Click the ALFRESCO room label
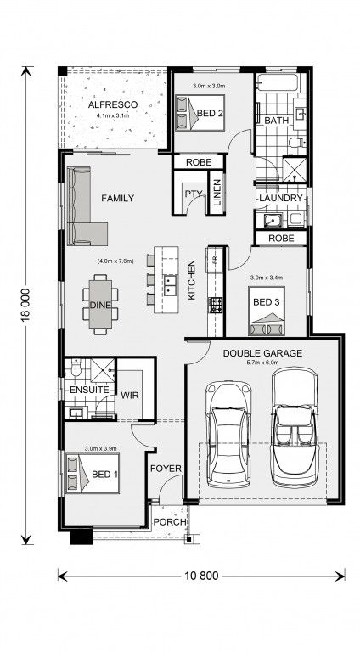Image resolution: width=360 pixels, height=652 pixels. coord(113,104)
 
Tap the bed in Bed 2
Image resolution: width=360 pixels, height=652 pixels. coord(200,113)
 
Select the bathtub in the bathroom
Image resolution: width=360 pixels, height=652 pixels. coord(277,82)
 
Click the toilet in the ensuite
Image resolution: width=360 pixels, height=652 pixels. coord(76,368)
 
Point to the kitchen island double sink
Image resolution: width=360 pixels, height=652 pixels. coord(170,285)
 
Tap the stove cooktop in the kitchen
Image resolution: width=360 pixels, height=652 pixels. coord(216,306)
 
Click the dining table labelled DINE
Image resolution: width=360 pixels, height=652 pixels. coord(100,305)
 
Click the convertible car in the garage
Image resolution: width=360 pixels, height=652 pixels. coord(295,427)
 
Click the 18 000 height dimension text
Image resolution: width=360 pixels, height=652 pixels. coord(25,305)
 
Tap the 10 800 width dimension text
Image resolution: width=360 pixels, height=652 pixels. coord(200,576)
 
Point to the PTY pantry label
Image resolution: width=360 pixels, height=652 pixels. coord(194,194)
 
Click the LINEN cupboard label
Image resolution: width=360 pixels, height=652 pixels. coord(217,192)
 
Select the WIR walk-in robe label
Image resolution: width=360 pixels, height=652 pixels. coord(130,395)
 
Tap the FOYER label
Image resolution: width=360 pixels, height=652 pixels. coord(166,469)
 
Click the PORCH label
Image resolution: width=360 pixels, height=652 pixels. coord(170,522)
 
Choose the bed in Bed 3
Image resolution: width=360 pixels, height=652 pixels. coord(267,311)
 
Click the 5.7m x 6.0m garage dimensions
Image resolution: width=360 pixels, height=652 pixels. coord(262,363)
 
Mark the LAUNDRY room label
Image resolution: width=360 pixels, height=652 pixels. coord(280,198)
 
